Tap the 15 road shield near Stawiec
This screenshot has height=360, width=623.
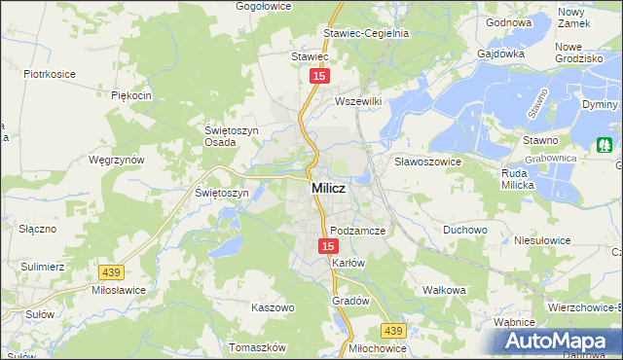click(318, 75)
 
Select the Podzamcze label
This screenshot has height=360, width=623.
click(358, 231)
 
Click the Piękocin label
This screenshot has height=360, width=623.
click(131, 95)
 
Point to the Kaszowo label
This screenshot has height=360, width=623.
click(273, 307)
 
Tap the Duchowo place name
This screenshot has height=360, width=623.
click(465, 231)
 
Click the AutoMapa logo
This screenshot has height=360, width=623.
click(558, 342)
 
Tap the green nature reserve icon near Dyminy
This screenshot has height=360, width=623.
click(605, 145)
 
